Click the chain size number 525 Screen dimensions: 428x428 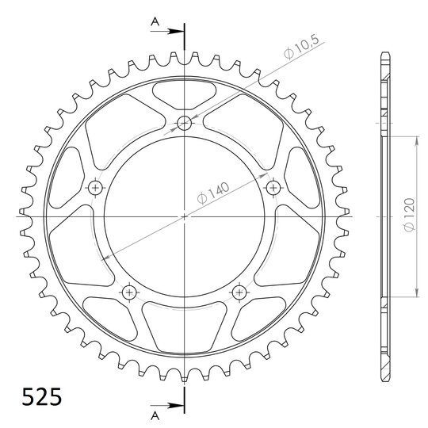click(x=41, y=396)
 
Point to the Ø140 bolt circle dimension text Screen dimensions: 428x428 click(x=213, y=193)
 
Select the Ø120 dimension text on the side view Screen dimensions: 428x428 click(x=409, y=215)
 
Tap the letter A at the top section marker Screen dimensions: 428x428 click(x=155, y=21)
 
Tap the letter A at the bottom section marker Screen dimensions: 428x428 click(x=155, y=416)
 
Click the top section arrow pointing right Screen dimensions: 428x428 click(x=167, y=32)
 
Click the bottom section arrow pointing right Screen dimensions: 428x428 click(x=167, y=405)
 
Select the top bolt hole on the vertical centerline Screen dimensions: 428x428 click(x=184, y=123)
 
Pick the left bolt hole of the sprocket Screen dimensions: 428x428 click(x=96, y=188)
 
